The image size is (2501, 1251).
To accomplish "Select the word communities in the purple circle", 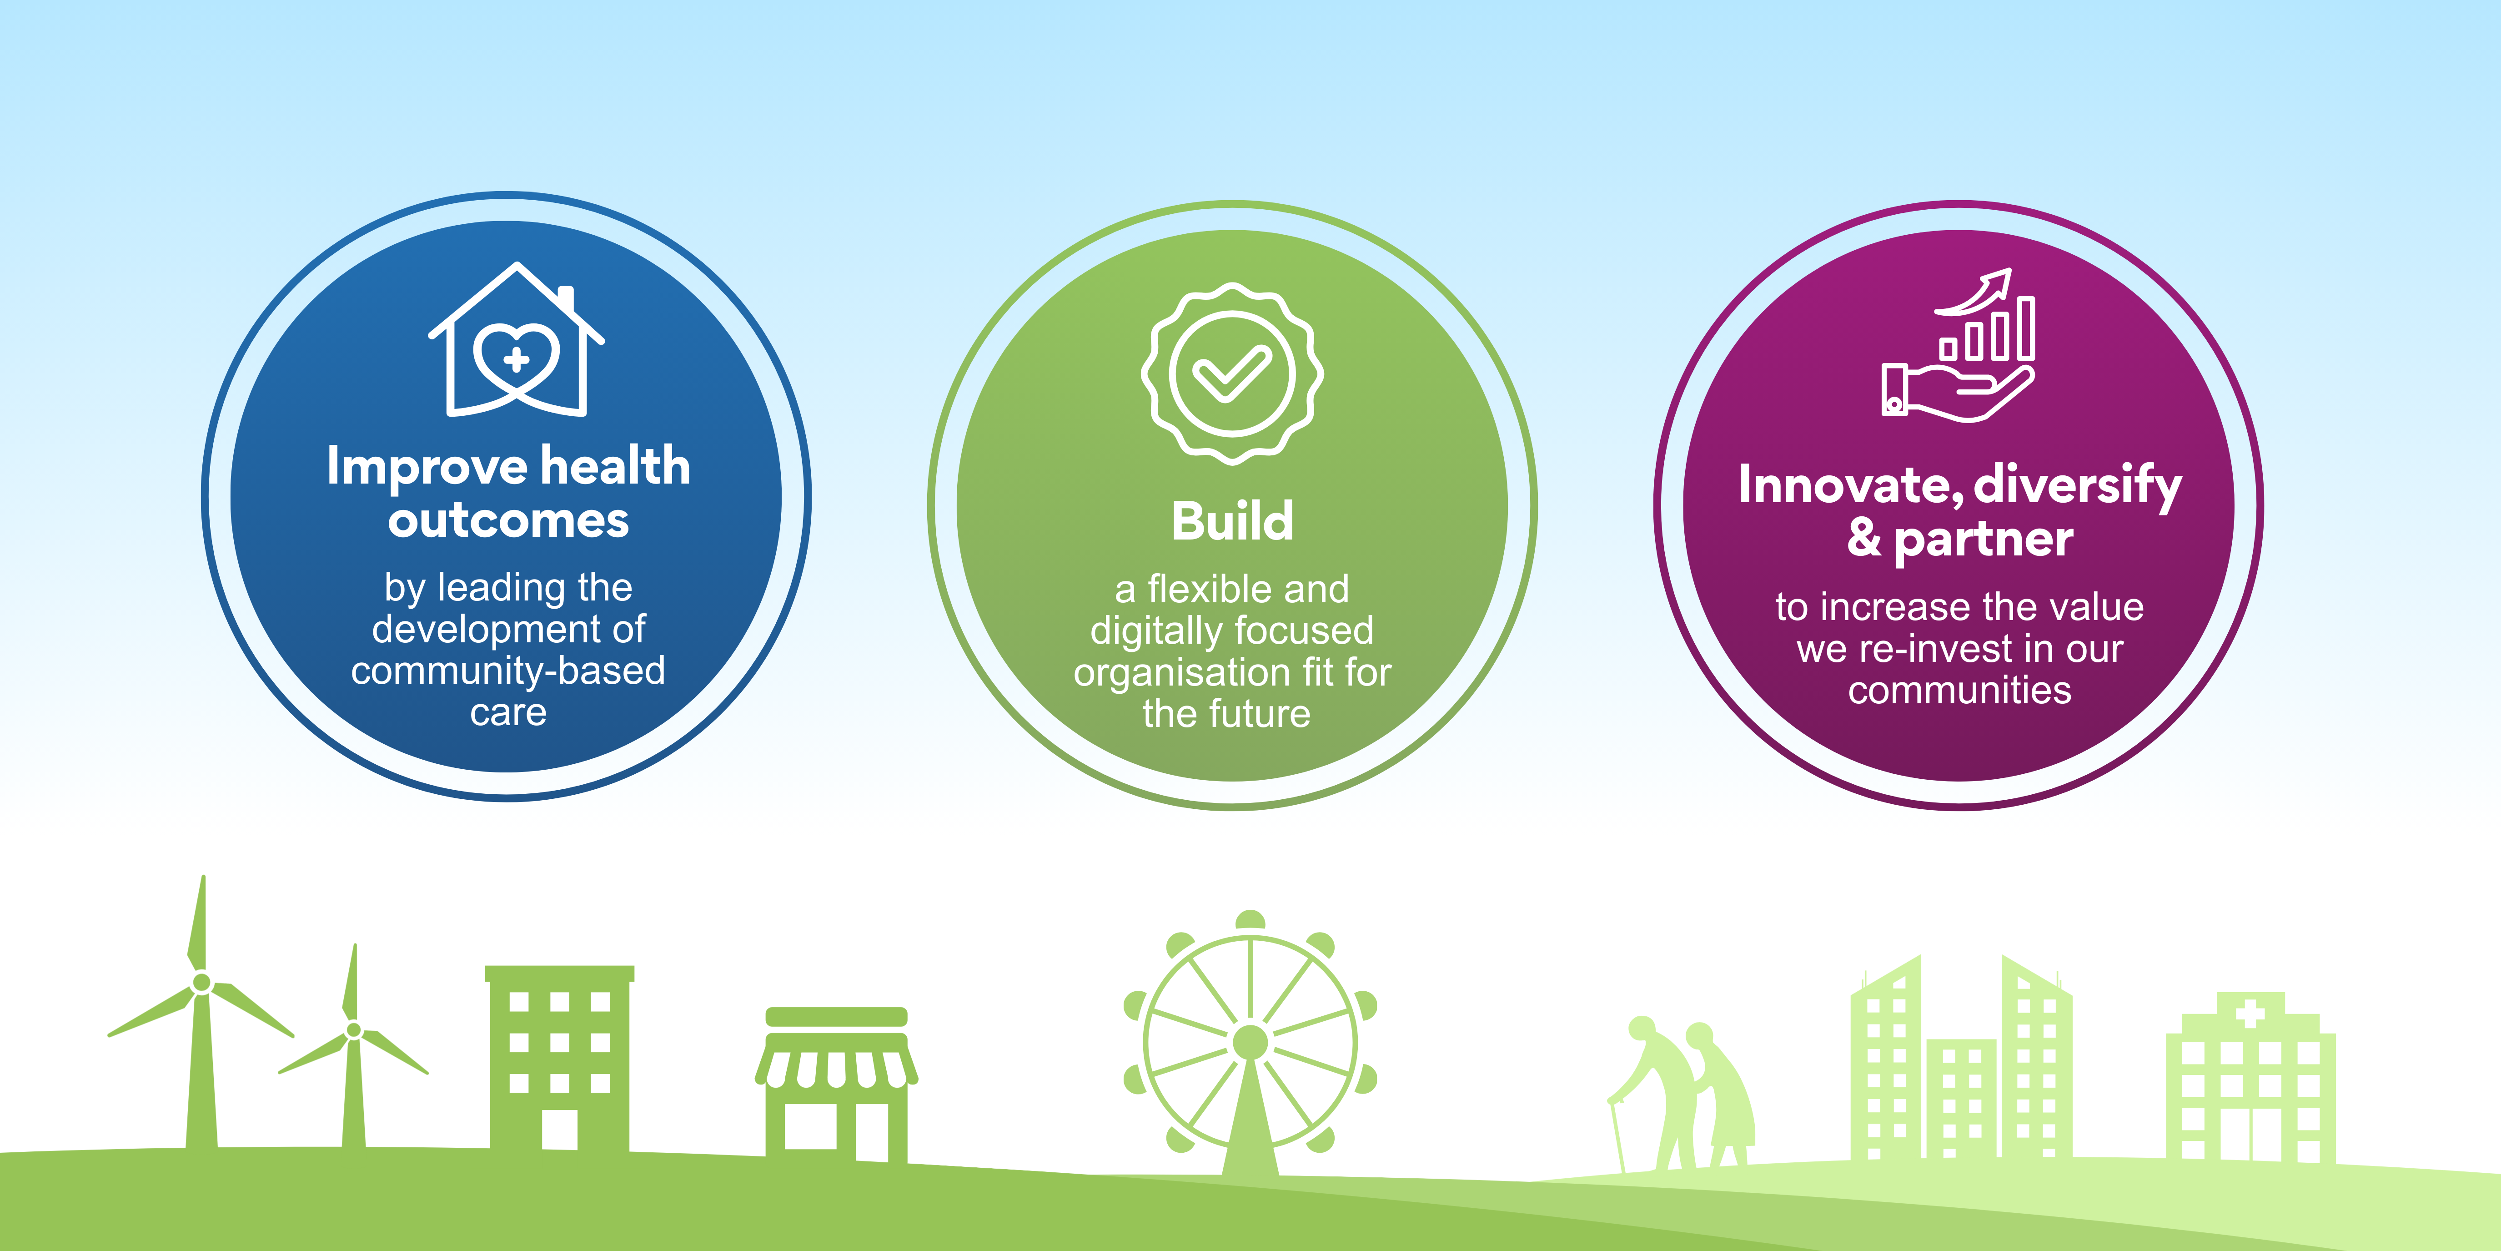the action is (x=1959, y=691).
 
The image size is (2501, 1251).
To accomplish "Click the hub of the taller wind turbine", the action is (x=202, y=982).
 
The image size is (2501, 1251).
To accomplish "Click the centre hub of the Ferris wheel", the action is (x=1250, y=1041).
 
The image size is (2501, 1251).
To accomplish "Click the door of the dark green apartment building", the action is (x=559, y=1130).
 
